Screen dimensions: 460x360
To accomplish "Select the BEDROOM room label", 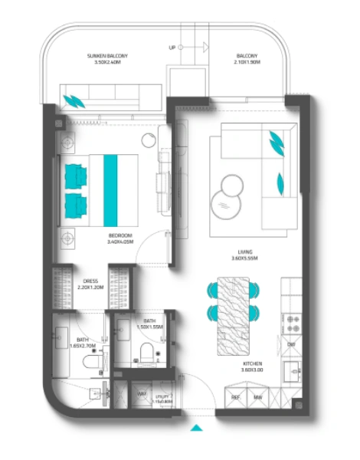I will [x=120, y=238].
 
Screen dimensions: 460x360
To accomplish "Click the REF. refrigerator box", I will [x=237, y=396].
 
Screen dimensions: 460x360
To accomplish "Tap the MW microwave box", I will [x=259, y=396].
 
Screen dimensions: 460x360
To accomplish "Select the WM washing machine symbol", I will [x=142, y=396].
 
